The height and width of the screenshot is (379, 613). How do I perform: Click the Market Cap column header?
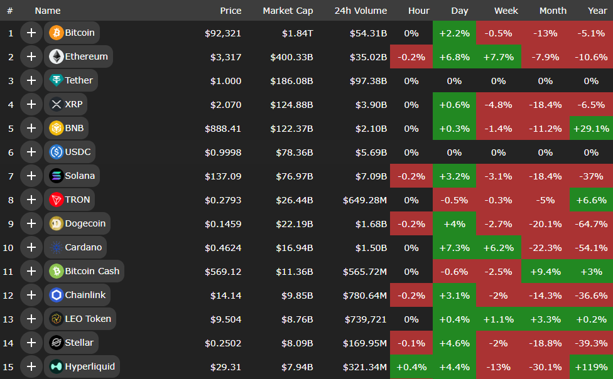click(288, 11)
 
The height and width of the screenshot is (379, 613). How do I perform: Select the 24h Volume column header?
click(361, 11)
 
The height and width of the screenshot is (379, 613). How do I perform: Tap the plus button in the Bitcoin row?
click(31, 33)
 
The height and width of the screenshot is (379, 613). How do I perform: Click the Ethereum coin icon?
click(57, 56)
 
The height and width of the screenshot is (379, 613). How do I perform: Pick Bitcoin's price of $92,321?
click(223, 33)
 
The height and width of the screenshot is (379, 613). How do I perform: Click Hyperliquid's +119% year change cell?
click(591, 367)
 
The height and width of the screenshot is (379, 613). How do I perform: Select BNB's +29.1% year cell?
click(591, 129)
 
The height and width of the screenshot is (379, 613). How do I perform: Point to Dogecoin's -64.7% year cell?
click(591, 224)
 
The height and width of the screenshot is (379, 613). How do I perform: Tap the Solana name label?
click(79, 176)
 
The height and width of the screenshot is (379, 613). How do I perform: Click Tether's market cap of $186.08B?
click(292, 81)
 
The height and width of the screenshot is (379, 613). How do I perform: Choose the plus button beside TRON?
click(31, 200)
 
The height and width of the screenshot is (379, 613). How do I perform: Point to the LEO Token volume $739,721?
click(365, 319)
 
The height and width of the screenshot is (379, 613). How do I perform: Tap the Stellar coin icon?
click(57, 343)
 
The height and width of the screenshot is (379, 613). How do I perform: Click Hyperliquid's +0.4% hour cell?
click(411, 367)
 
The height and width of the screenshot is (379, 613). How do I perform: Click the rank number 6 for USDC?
click(10, 152)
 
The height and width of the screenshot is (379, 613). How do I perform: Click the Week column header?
click(506, 11)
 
